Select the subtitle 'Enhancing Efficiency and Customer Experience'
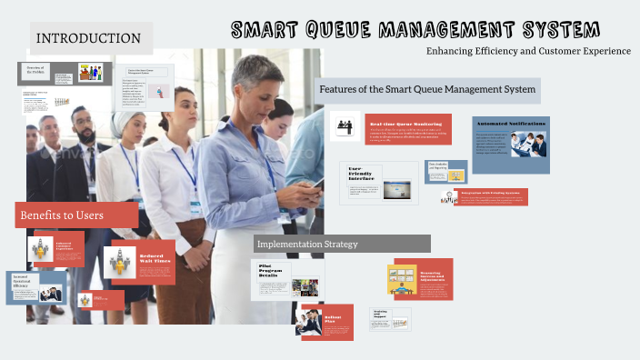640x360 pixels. point(528,51)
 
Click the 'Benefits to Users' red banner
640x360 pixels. point(77,215)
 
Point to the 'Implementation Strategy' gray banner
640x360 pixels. point(342,244)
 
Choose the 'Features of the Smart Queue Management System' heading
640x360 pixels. point(427,89)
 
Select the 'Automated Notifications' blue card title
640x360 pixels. point(510,123)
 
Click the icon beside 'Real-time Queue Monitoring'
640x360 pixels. point(345,126)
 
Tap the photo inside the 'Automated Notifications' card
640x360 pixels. point(528,145)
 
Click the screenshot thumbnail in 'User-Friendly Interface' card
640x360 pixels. point(396,191)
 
